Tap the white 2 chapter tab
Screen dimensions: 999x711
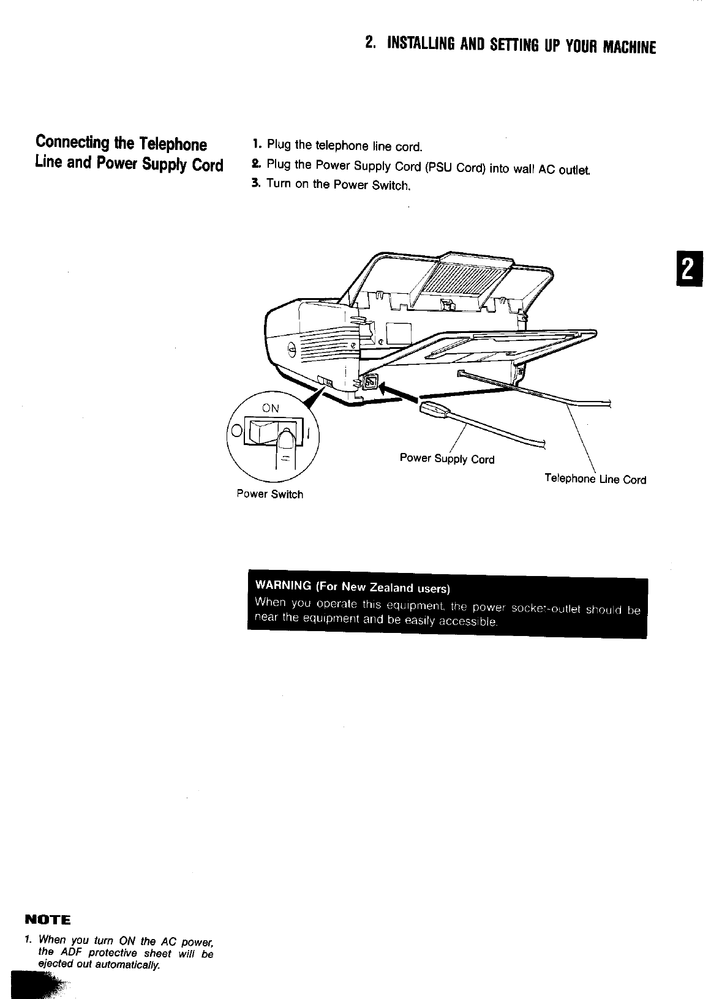click(688, 269)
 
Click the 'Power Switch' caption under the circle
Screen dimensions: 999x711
click(269, 494)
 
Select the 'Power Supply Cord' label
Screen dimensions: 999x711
click(446, 458)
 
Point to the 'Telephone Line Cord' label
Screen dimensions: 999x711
click(595, 479)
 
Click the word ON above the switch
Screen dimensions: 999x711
click(271, 408)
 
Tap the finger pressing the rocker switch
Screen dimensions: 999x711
click(285, 447)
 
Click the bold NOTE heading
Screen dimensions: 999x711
click(48, 920)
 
